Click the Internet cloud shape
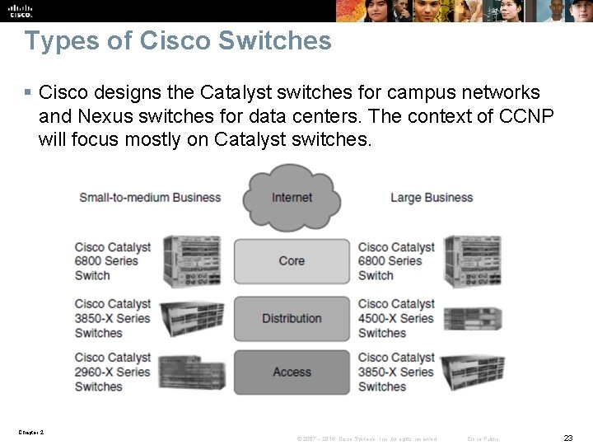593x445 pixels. [x=292, y=197]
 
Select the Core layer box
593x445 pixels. [x=292, y=260]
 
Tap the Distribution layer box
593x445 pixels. [x=292, y=318]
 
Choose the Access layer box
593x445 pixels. [x=292, y=372]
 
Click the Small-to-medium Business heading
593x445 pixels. [x=150, y=198]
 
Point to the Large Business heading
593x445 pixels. [x=431, y=198]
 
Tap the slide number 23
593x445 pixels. [x=567, y=438]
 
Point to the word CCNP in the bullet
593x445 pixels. [x=526, y=116]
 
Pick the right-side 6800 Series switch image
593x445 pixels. [x=472, y=260]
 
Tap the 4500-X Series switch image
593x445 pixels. [x=472, y=319]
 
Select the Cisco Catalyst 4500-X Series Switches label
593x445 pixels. [x=396, y=318]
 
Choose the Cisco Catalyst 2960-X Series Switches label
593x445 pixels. [x=113, y=372]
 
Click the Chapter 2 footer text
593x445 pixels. [x=30, y=432]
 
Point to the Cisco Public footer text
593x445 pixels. [x=483, y=438]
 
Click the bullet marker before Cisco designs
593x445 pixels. [x=29, y=92]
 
